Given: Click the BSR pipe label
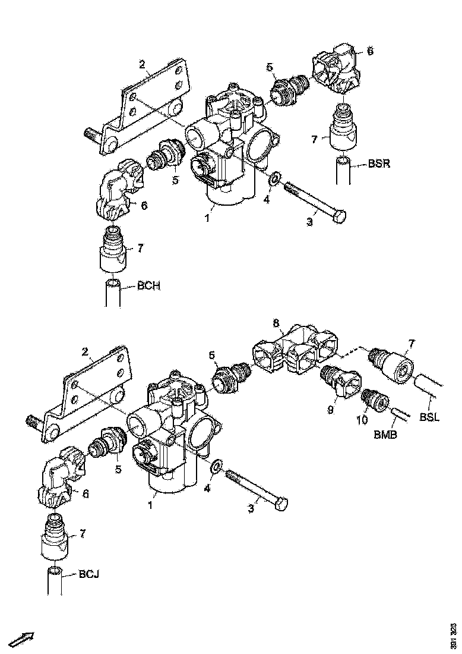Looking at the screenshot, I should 378,164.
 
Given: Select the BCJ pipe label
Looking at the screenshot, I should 89,574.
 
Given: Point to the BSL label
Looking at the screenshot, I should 430,417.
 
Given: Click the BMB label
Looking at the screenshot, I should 385,435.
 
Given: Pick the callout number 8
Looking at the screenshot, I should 276,323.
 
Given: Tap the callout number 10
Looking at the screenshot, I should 362,420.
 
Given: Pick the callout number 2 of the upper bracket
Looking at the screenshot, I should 142,64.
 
